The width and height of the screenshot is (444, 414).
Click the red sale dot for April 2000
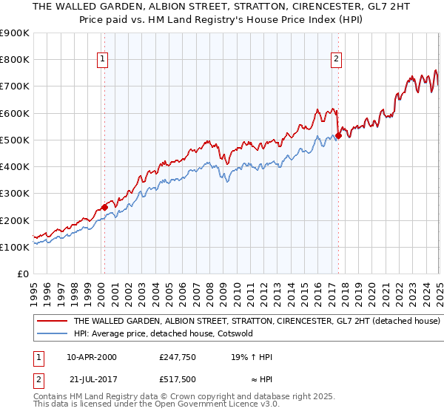[104, 208]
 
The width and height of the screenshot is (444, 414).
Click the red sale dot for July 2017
[338, 135]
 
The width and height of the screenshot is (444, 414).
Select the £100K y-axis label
[15, 247]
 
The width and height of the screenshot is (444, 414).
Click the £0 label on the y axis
[23, 274]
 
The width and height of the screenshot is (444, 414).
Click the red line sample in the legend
[52, 322]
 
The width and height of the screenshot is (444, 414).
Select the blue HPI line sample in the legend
[52, 333]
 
